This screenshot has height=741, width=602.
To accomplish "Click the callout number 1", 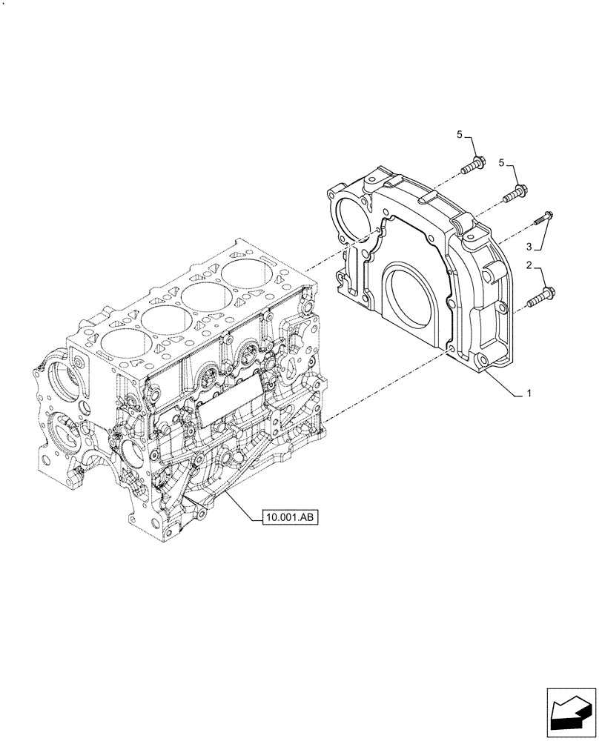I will click(x=529, y=393).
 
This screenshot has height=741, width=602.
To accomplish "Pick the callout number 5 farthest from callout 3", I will click(x=460, y=134).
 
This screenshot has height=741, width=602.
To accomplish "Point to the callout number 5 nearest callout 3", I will click(x=503, y=162).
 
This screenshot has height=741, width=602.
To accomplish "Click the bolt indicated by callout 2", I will click(x=539, y=299).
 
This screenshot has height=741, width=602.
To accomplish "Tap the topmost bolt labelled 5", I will click(x=472, y=165).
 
